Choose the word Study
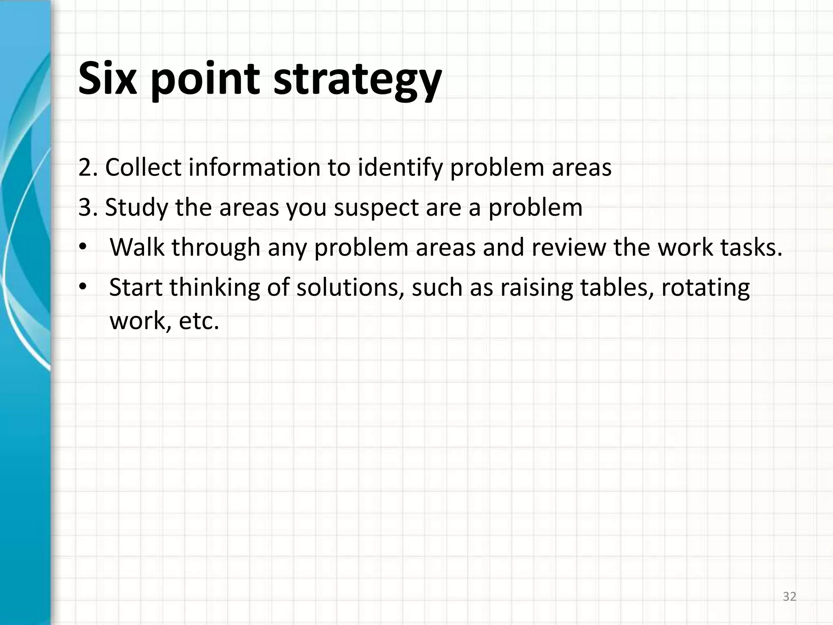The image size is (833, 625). click(136, 208)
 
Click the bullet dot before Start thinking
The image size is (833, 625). click(83, 287)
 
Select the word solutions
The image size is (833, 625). click(350, 287)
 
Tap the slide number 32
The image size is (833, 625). click(789, 597)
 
